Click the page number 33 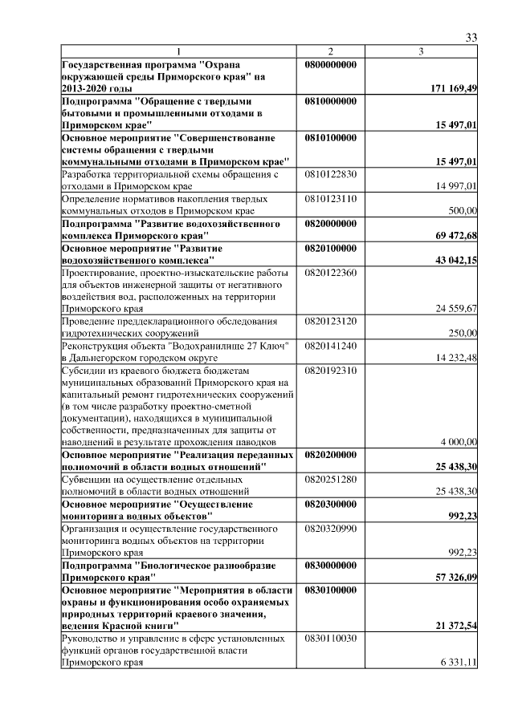[472, 38]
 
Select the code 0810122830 [330, 173]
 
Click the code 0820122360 [330, 274]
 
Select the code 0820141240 [330, 346]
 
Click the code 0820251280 [330, 480]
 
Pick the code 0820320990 [330, 529]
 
